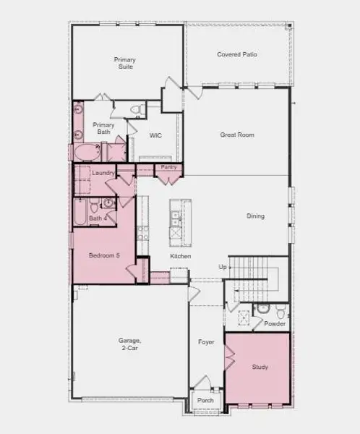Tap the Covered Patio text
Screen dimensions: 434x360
click(237, 54)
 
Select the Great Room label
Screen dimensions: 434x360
click(237, 135)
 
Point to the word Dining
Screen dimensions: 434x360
click(255, 216)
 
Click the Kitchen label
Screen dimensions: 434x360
click(180, 257)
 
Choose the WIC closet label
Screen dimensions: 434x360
click(155, 135)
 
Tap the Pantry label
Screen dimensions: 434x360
click(168, 167)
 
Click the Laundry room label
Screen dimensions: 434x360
click(101, 173)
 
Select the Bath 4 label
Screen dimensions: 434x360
click(97, 218)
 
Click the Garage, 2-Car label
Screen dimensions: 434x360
click(129, 344)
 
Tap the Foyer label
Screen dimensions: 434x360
click(207, 342)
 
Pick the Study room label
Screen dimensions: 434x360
click(260, 367)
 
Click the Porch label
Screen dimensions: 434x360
click(206, 400)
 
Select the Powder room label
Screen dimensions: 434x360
click(275, 324)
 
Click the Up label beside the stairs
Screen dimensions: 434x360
click(223, 267)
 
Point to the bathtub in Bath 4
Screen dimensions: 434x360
click(79, 213)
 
